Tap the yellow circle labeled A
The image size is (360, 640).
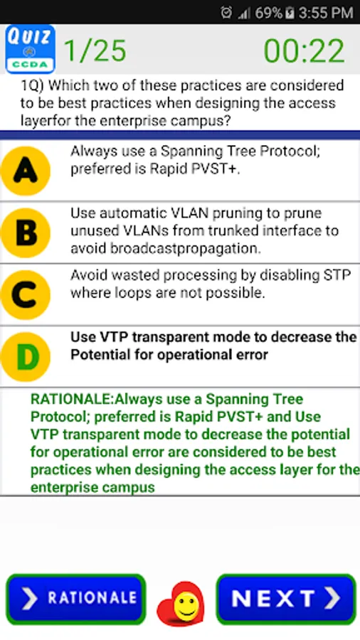26,171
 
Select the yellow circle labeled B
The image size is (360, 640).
26,233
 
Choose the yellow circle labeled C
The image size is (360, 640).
26,294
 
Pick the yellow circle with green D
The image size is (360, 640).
26,357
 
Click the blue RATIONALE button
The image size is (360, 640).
76,599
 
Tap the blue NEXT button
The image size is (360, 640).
286,599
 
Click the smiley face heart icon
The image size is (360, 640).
181,604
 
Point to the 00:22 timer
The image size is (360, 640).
304,51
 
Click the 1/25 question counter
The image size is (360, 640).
95,50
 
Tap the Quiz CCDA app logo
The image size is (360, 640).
30,49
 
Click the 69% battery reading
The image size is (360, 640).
268,13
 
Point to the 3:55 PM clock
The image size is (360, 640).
325,13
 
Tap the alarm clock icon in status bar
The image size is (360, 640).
226,13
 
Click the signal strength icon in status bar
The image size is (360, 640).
243,14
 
